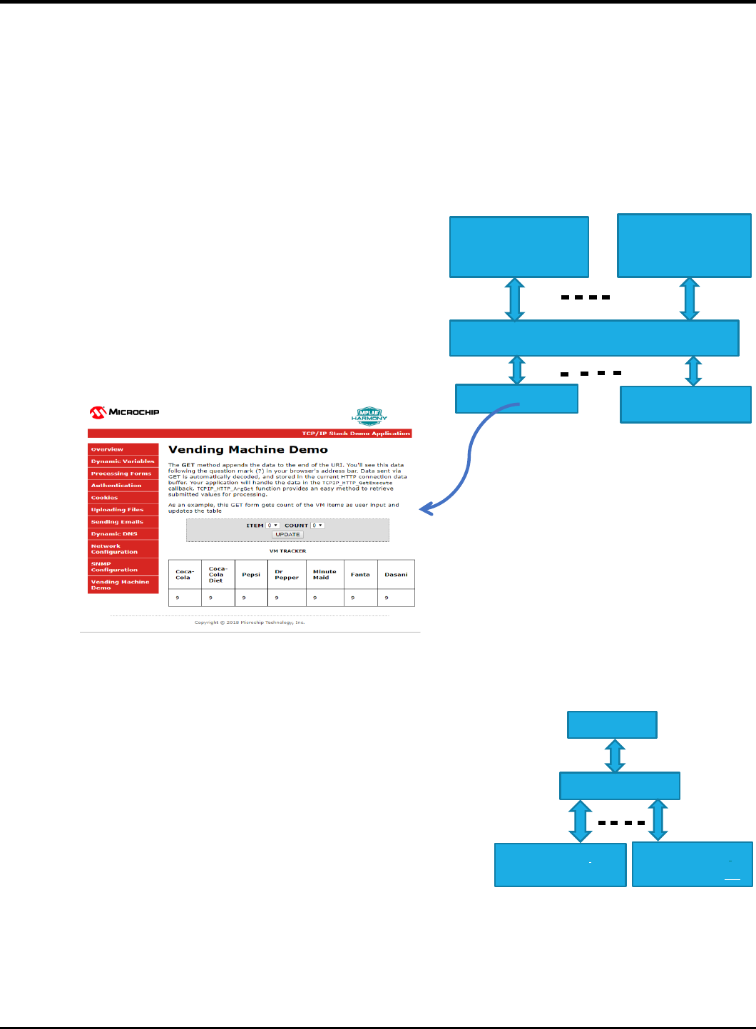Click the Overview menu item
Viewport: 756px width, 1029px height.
(107, 449)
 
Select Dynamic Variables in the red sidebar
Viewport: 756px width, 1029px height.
(123, 461)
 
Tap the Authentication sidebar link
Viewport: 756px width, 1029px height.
(116, 486)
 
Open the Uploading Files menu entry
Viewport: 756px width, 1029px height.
(117, 510)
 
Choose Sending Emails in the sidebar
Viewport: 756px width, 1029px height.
(117, 522)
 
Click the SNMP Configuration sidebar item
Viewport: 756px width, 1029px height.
(114, 567)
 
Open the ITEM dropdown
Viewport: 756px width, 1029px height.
(273, 526)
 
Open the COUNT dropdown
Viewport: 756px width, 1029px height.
(317, 526)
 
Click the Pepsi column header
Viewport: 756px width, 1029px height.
(251, 575)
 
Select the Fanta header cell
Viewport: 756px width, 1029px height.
(360, 575)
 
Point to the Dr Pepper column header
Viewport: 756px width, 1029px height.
(286, 575)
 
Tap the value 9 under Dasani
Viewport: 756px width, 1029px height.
(387, 598)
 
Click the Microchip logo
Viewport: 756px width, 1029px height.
(124, 412)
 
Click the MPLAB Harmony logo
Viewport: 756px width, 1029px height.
(369, 416)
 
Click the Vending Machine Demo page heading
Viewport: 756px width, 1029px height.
(248, 450)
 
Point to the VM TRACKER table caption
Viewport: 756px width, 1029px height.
(287, 551)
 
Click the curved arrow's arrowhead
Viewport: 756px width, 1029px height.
(426, 508)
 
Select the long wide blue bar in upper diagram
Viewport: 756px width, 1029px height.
(594, 338)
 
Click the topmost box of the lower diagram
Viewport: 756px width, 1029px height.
(612, 725)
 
